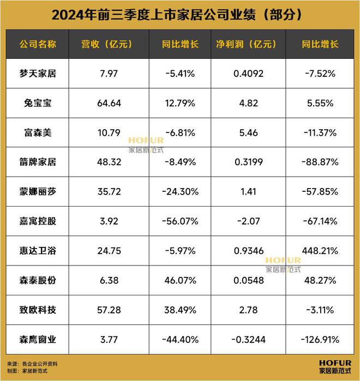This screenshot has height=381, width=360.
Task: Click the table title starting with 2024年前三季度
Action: (x=180, y=14)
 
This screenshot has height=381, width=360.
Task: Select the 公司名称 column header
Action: (x=38, y=43)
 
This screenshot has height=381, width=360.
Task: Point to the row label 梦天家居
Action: (x=38, y=73)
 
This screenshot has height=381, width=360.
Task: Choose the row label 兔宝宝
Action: (x=38, y=102)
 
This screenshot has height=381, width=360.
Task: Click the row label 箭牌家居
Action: (x=38, y=162)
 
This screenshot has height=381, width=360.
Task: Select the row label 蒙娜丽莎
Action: (x=38, y=191)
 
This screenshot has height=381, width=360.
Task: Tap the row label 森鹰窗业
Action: (x=38, y=340)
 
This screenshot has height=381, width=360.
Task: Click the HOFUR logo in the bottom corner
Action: (x=335, y=366)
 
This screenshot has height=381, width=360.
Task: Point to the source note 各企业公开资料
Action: (x=39, y=363)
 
